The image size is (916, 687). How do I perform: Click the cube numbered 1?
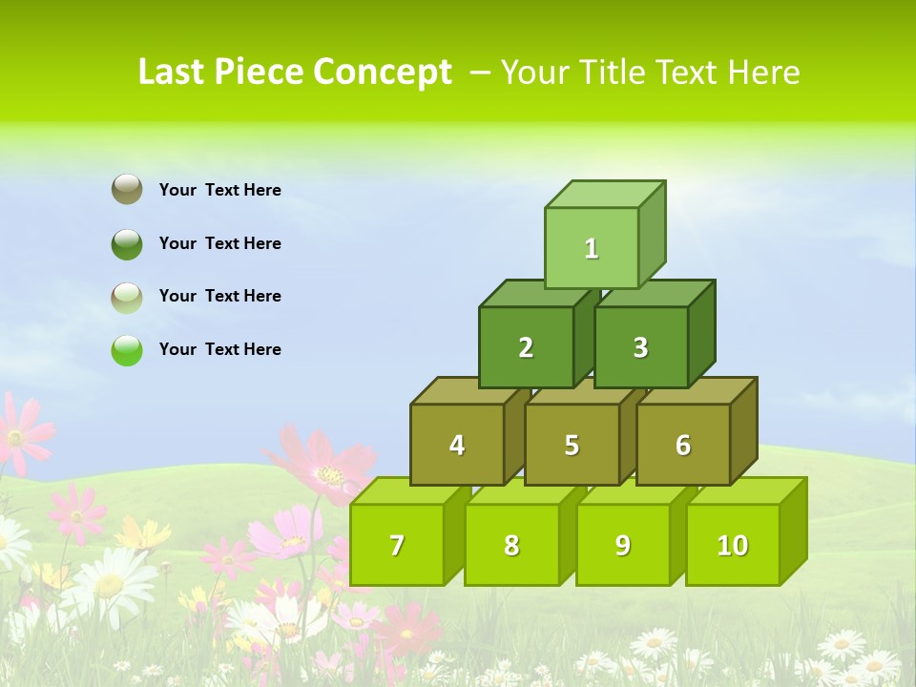click(x=592, y=248)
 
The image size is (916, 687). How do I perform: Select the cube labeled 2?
click(x=526, y=347)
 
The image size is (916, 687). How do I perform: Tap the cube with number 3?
click(x=640, y=347)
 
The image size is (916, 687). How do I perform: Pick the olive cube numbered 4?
click(x=457, y=445)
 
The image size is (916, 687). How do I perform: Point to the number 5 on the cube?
click(x=572, y=446)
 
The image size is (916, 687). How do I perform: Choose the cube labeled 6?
click(x=683, y=445)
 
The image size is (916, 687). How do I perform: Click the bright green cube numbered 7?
click(x=397, y=545)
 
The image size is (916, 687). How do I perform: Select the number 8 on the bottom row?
click(x=511, y=546)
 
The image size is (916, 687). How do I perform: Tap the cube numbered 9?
click(x=623, y=545)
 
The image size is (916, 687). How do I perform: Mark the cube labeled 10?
click(x=733, y=545)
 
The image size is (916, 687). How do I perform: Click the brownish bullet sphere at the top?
click(x=127, y=189)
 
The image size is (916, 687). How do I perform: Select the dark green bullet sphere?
click(x=127, y=243)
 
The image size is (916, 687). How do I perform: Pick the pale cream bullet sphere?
click(x=127, y=297)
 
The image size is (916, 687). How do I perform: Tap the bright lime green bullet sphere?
click(x=127, y=350)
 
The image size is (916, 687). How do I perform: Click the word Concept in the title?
click(x=383, y=73)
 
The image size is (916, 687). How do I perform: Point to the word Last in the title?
click(x=172, y=73)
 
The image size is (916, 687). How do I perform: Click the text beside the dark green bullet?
click(x=220, y=243)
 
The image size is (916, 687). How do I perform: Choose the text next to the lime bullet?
click(x=220, y=349)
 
